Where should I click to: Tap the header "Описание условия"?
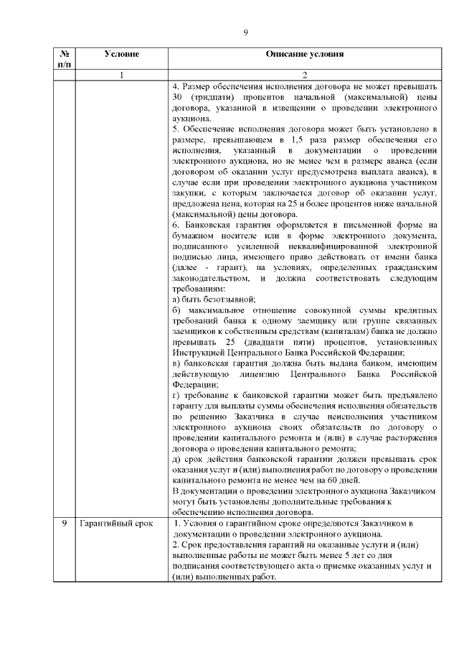coord(304,54)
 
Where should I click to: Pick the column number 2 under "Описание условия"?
coord(304,75)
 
